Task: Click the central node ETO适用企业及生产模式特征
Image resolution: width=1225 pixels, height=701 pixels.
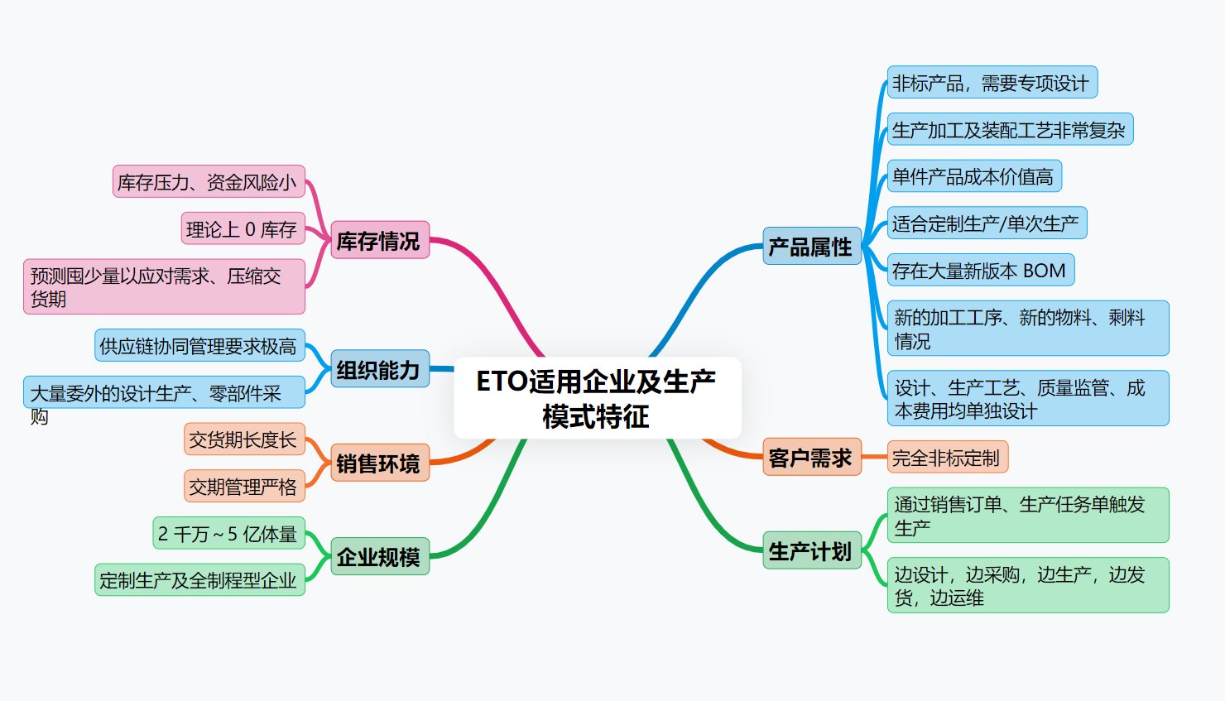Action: [x=597, y=398]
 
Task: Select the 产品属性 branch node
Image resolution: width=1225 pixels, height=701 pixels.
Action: [x=811, y=247]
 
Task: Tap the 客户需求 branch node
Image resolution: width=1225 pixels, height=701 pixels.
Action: [x=811, y=458]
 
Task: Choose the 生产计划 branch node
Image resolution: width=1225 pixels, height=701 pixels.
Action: [x=811, y=551]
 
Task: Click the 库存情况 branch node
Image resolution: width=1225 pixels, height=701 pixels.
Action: [x=379, y=241]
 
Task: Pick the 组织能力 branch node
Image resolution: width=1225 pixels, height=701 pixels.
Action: [x=379, y=369]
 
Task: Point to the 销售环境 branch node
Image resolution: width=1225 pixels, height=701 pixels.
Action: [x=379, y=463]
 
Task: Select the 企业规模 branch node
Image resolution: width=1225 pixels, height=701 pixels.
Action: [x=379, y=557]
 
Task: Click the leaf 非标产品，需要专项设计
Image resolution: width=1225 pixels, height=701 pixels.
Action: [x=992, y=83]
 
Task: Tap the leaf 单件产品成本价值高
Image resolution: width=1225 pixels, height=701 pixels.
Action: [x=973, y=176]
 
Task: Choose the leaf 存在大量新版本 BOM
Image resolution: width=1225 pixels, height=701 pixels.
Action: [x=980, y=270]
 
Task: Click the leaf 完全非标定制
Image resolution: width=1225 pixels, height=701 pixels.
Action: [x=947, y=458]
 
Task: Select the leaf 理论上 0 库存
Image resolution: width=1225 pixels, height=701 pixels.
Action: [x=243, y=229]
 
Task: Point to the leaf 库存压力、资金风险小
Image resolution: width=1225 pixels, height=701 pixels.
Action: [x=208, y=182]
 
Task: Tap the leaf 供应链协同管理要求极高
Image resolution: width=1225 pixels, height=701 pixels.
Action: [x=199, y=346]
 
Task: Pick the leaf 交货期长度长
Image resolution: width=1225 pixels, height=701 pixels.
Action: [x=244, y=439]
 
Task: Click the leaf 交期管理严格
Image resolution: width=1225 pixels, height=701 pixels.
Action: [x=244, y=487]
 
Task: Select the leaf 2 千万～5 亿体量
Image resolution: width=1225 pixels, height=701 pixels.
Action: [x=228, y=534]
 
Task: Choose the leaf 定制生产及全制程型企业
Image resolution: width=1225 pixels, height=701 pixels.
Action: [x=199, y=580]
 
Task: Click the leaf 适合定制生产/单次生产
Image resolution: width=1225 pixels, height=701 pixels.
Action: [x=987, y=223]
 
